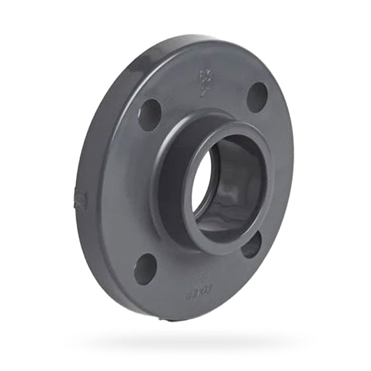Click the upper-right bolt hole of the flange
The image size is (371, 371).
point(257,97)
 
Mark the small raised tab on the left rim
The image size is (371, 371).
point(80,197)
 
